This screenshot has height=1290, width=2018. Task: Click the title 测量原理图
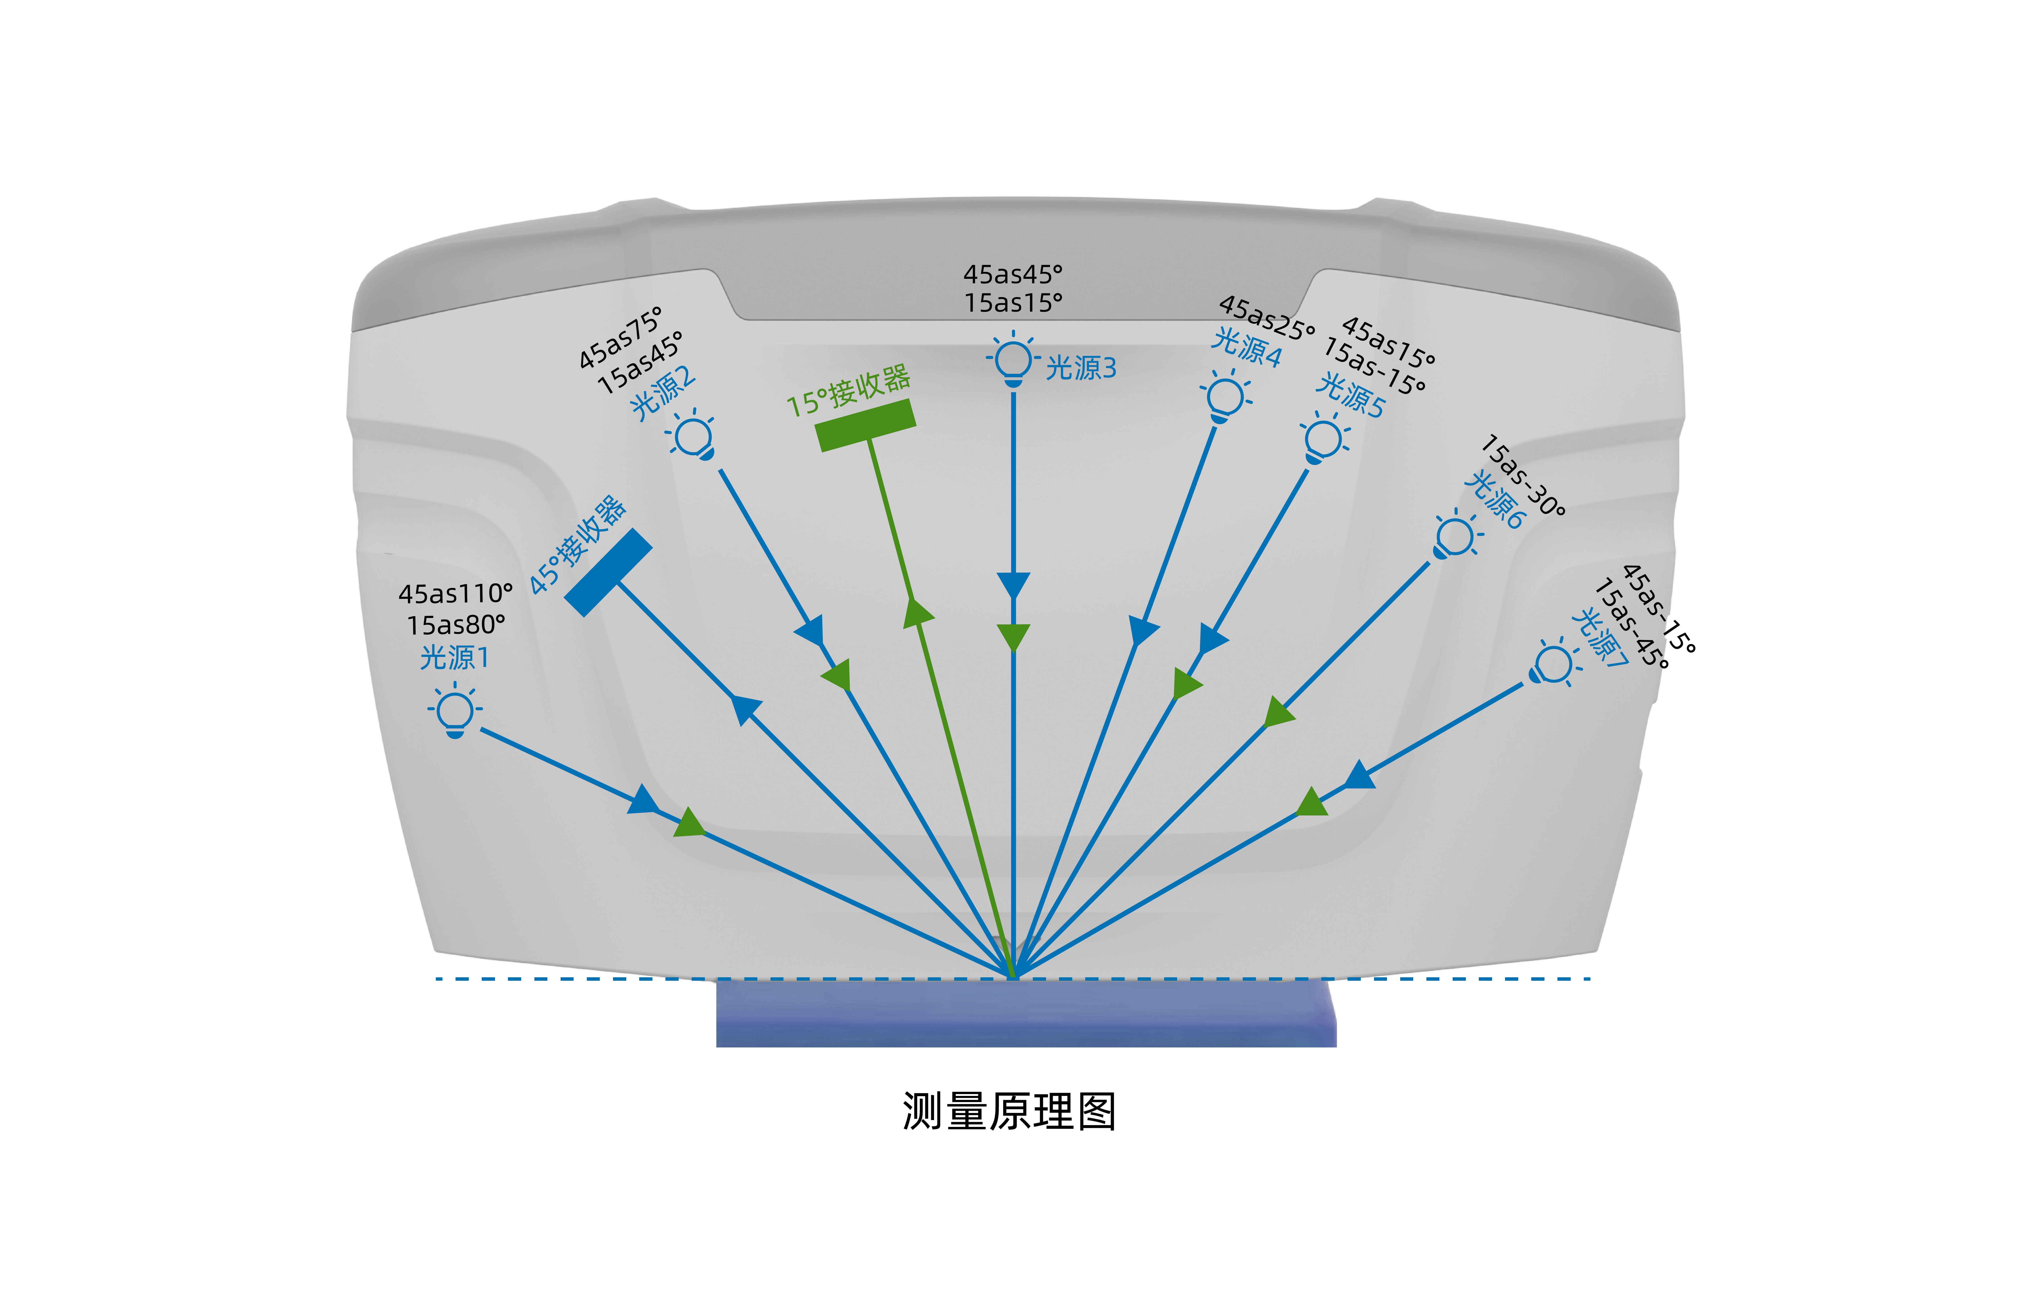(1009, 1112)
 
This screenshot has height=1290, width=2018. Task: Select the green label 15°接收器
(848, 391)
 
